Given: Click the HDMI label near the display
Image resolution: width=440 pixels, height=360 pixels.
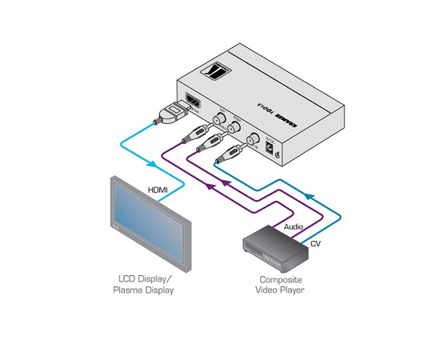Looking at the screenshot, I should coord(158,190).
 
